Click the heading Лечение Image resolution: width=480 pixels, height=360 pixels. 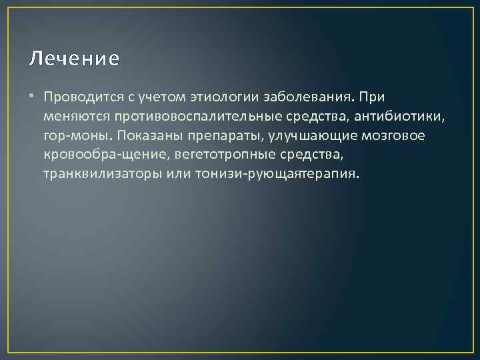click(x=74, y=59)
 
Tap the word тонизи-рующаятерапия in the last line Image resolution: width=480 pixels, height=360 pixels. click(x=277, y=175)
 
